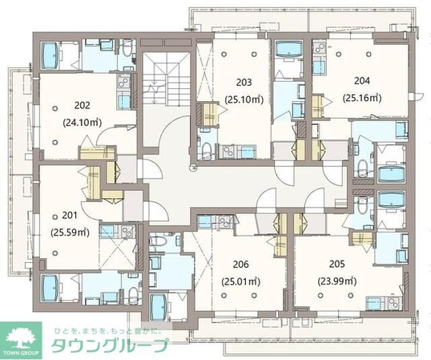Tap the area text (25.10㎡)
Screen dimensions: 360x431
[x=244, y=100]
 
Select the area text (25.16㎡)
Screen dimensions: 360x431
[x=363, y=99]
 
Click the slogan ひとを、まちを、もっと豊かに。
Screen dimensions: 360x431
[x=111, y=331]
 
